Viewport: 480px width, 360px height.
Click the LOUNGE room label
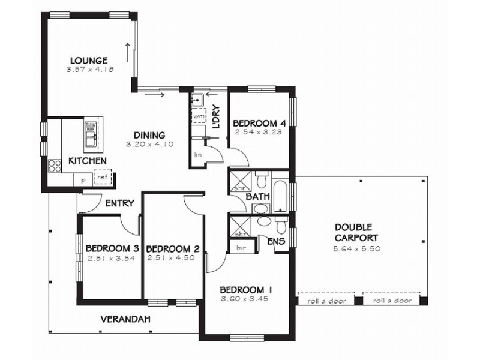point(88,60)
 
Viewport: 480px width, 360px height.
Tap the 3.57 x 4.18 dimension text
point(91,70)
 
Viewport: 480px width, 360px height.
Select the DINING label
point(149,135)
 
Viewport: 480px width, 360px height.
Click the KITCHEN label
point(88,161)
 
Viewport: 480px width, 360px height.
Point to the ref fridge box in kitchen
point(103,177)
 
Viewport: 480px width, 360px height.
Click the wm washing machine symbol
point(198,115)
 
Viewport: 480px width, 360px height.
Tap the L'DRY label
point(217,118)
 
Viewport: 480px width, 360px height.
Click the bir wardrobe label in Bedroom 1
point(241,247)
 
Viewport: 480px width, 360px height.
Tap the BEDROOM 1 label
point(247,288)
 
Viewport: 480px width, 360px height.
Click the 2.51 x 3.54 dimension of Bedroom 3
point(111,259)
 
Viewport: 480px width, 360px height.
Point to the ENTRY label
point(119,203)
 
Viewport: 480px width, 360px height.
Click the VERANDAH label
point(125,319)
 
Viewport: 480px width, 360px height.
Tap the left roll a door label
point(326,301)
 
